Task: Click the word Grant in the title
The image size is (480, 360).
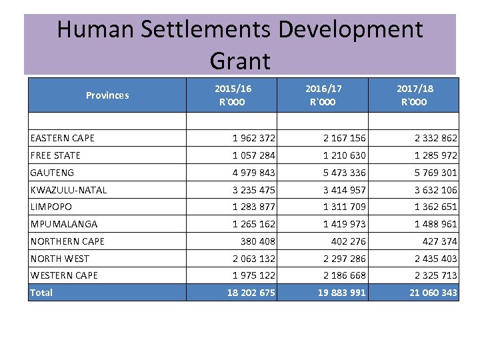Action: [240, 61]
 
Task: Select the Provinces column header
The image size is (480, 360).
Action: [107, 95]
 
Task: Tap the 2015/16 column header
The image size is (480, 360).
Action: [233, 95]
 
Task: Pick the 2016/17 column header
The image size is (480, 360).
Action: [323, 95]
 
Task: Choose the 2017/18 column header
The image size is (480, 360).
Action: [414, 95]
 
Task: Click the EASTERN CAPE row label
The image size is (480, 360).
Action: [63, 138]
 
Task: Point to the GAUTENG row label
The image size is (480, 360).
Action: [53, 173]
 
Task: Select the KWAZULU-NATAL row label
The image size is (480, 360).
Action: [69, 190]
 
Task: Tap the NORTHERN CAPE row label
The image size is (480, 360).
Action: [67, 241]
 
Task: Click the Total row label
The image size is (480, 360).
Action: [41, 293]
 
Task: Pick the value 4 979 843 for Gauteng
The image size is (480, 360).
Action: [253, 173]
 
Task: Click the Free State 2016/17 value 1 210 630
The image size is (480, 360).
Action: [344, 155]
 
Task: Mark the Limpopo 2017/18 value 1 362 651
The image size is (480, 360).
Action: [435, 207]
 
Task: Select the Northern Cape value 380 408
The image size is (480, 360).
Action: [257, 241]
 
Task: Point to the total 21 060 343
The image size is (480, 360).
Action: [433, 293]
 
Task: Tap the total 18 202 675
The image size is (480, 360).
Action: [251, 293]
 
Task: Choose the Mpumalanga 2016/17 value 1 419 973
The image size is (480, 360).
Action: [344, 224]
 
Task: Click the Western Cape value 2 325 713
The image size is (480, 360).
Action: [435, 275]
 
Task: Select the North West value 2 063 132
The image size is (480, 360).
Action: [253, 259]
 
